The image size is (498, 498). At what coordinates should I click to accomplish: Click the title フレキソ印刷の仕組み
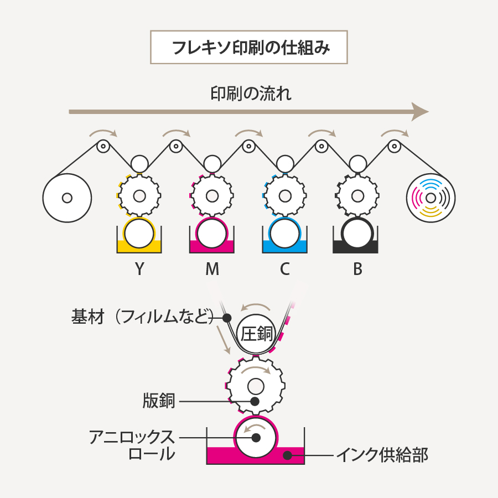click(x=249, y=48)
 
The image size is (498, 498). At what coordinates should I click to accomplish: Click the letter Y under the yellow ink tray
click(x=139, y=269)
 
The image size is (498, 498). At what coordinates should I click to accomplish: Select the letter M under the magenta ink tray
click(x=212, y=269)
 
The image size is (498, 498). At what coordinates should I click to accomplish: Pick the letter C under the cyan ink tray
click(x=284, y=269)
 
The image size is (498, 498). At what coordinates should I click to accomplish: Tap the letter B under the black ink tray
click(x=357, y=269)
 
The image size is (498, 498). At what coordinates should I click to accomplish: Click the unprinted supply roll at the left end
click(x=67, y=197)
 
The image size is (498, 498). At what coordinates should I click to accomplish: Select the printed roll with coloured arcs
click(x=430, y=197)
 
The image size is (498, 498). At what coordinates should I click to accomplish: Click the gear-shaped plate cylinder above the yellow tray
click(x=139, y=196)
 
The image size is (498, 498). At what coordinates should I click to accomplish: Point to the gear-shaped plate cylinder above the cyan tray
click(x=284, y=196)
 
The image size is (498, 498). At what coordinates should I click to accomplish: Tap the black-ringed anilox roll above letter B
click(x=357, y=234)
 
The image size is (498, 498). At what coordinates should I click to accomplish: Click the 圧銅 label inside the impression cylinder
click(x=256, y=334)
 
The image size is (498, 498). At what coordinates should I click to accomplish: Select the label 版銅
click(x=159, y=401)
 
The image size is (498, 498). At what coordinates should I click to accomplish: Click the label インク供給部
click(x=382, y=456)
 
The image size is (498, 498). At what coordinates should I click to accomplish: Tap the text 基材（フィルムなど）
click(x=142, y=318)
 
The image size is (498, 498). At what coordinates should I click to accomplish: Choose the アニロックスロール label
click(x=133, y=445)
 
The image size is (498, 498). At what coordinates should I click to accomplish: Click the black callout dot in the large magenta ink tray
click(x=287, y=455)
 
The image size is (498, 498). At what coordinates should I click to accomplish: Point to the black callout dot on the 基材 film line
click(x=226, y=318)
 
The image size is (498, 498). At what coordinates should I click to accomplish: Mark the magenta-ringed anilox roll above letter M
click(x=212, y=234)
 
